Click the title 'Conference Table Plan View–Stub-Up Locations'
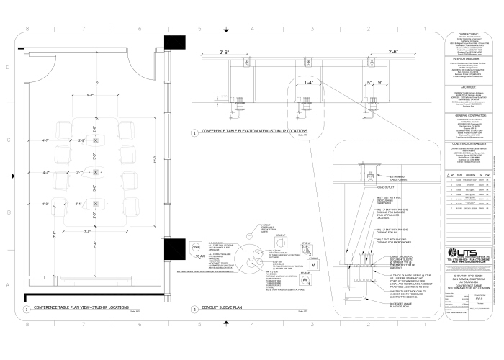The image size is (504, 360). pos(81,308)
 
